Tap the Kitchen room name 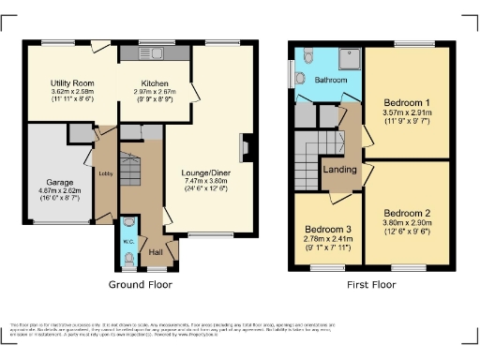tap(155, 83)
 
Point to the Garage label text tap(61, 182)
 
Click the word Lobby tap(104, 171)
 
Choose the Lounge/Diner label tap(207, 173)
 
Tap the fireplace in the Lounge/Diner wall tap(246, 148)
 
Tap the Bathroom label tap(330, 81)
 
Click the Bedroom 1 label tap(408, 101)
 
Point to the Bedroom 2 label tap(408, 213)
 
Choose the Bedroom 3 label tap(328, 230)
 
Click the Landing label tap(339, 169)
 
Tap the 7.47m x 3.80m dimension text tap(207, 183)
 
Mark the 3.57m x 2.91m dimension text tap(408, 112)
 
